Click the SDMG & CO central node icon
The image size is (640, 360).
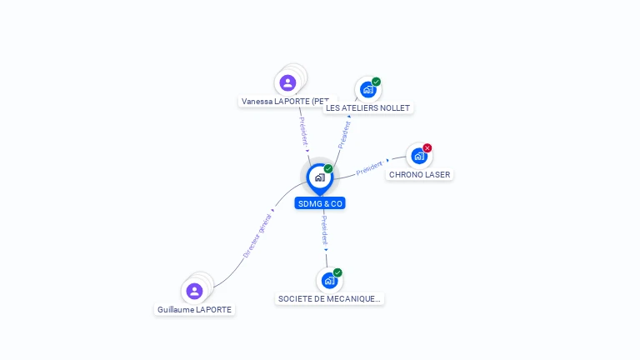320,177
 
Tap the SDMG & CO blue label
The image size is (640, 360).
320,203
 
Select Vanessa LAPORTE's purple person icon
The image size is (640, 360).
287,82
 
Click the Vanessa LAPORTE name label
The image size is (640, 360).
285,101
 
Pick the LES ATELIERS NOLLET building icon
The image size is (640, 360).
367,89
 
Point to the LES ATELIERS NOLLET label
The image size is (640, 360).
367,107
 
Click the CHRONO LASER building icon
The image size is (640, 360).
419,156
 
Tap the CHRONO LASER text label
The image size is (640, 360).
420,175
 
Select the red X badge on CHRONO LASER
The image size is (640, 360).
427,147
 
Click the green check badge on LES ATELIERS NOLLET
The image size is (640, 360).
376,82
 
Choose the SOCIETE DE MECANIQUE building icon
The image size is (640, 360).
329,280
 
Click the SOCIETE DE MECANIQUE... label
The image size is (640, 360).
329,299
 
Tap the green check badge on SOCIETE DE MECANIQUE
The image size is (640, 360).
337,272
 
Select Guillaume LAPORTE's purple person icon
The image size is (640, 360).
194,291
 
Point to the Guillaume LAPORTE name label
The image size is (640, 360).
194,309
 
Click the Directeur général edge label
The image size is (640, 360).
257,236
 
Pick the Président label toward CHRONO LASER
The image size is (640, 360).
369,167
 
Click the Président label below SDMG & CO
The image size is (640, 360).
324,230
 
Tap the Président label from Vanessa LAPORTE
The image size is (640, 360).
303,132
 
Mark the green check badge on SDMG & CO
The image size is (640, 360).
328,168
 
